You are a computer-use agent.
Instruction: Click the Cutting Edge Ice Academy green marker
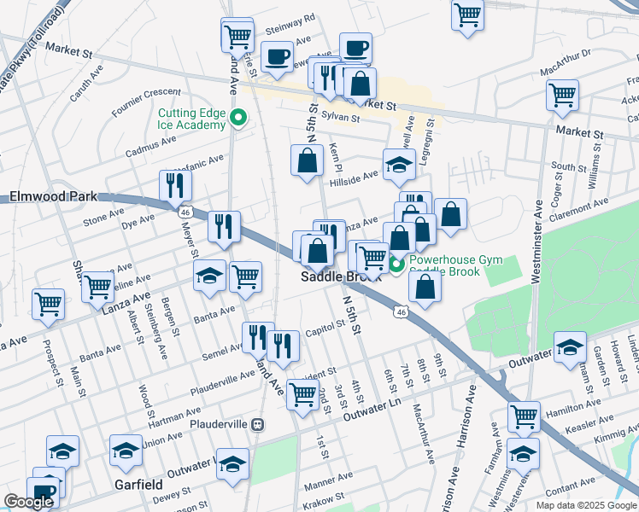click(x=240, y=119)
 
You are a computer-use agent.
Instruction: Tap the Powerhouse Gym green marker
click(x=396, y=265)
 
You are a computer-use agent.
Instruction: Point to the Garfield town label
click(x=138, y=485)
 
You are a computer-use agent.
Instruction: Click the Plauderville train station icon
click(x=257, y=424)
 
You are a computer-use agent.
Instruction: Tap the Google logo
click(x=29, y=502)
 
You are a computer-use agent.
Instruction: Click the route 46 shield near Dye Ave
click(x=185, y=211)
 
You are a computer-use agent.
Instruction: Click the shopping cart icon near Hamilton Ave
click(x=524, y=416)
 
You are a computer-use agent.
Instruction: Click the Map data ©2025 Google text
click(x=584, y=504)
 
